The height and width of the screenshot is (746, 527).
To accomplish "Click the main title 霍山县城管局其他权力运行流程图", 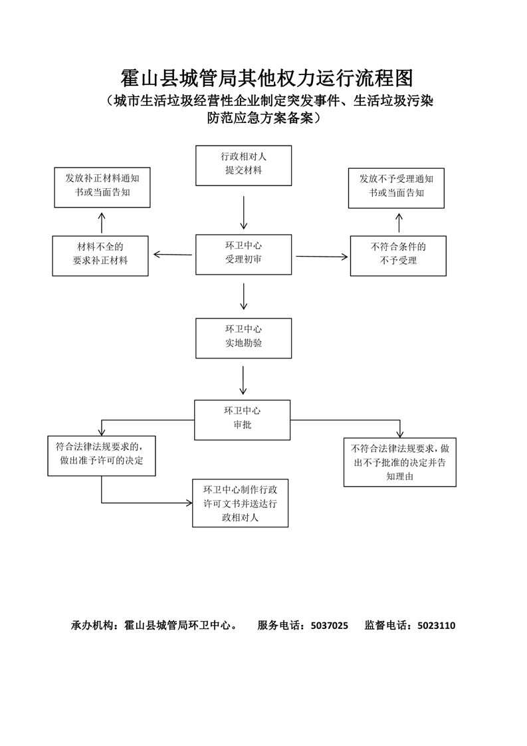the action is coord(267,78).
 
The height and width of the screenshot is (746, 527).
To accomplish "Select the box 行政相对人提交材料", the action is coord(243,166).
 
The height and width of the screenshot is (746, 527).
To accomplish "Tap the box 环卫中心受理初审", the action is coord(243,255).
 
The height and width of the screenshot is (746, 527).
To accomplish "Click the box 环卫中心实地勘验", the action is coord(243,338).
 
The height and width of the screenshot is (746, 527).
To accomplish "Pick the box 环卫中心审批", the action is coord(242,420).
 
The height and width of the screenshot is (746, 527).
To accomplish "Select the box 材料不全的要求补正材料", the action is coord(100,256).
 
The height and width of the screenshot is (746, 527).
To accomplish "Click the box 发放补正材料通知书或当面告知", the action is coord(102,187).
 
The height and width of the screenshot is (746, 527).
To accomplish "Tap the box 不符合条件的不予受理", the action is coord(398,256).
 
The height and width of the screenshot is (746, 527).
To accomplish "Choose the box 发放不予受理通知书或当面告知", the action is coord(396,188).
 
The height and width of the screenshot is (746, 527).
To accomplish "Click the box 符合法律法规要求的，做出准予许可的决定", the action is coord(101,456).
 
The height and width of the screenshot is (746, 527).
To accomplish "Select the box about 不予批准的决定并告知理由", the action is coord(400,462).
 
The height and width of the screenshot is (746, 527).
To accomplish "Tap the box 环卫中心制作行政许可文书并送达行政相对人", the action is coord(240,503).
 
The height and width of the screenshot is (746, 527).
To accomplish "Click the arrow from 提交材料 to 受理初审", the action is coord(243,213).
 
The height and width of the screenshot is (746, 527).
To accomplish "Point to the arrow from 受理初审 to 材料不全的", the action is coord(173,255).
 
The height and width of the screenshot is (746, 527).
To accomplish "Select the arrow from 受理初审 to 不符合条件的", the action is coord(322,257).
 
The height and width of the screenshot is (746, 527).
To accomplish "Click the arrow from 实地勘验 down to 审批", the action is coord(243,380).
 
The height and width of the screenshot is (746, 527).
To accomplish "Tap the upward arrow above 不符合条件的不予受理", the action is coord(399,222).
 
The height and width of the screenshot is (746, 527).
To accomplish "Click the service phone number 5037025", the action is coord(330,626).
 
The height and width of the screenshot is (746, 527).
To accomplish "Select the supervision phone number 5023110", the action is coord(437,626).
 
